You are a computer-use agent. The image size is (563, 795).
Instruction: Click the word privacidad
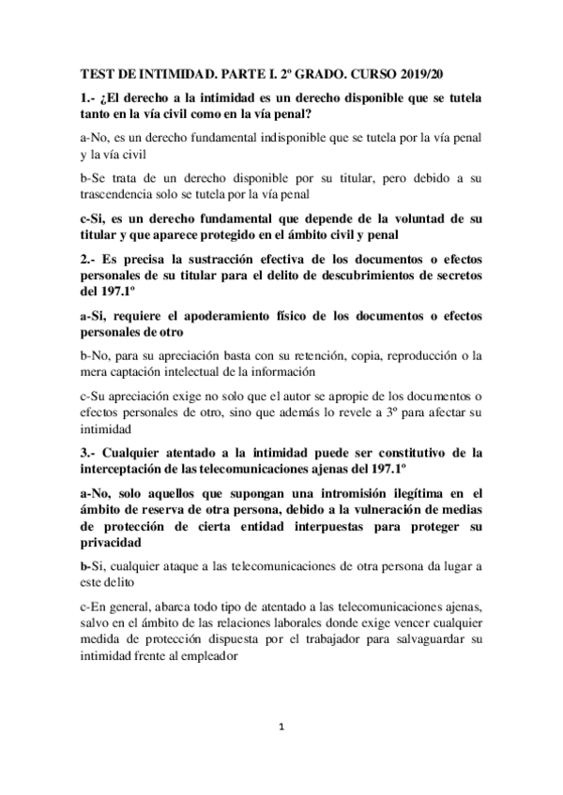pos(114,544)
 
